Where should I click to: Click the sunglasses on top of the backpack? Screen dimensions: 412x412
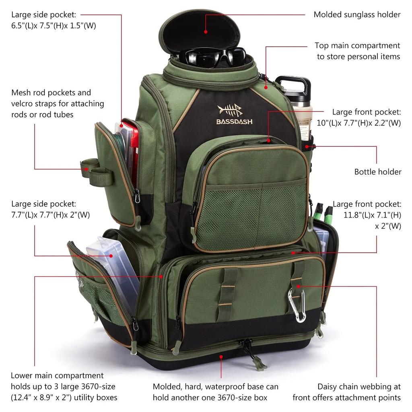212,57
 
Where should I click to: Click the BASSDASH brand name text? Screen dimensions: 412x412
234,121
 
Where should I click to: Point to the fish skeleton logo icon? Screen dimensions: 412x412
230,110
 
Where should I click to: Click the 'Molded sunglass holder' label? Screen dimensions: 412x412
357,15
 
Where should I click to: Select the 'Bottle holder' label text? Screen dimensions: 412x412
378,172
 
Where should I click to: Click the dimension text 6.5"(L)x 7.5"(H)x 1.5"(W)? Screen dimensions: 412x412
54,26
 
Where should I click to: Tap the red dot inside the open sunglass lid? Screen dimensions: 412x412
206,31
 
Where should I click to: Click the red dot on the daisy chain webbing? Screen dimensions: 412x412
298,286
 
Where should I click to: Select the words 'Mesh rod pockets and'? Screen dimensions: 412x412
51,93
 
